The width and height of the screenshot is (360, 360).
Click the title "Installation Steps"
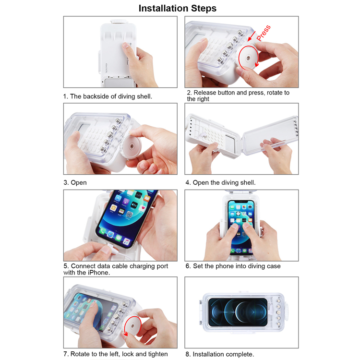(178, 8)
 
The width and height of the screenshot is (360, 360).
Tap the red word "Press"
(264, 33)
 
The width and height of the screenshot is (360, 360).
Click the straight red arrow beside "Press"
(252, 36)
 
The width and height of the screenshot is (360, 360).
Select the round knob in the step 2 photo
(248, 58)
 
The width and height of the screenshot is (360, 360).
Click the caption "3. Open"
(75, 182)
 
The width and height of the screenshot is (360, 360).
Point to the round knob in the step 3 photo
(132, 146)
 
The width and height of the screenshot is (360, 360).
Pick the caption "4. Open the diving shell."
(220, 182)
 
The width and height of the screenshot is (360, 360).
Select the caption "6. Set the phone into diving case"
(233, 266)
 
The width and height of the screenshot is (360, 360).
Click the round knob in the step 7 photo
(132, 326)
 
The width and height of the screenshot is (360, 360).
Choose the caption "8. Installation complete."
(220, 354)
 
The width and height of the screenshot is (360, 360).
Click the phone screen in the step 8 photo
(238, 312)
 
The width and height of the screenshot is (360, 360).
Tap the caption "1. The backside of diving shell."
(108, 96)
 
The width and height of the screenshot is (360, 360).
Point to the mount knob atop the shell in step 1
(119, 22)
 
